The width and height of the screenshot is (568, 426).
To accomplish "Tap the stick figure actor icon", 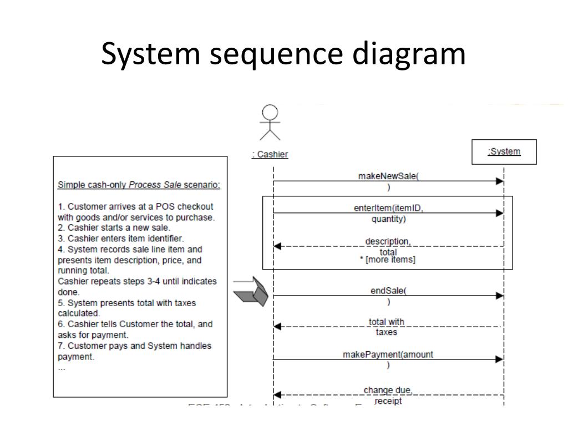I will [x=270, y=123].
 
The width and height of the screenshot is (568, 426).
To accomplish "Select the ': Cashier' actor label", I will [x=270, y=155].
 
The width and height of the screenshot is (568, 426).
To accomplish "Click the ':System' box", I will [x=504, y=152].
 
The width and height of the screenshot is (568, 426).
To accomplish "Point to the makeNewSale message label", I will [x=388, y=181].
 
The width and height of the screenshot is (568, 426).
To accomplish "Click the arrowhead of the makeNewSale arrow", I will [x=499, y=181].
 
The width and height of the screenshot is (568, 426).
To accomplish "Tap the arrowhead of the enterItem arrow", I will [x=499, y=213].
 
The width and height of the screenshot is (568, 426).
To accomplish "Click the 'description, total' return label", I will [x=388, y=247].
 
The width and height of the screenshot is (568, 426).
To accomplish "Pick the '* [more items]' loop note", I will [x=388, y=260].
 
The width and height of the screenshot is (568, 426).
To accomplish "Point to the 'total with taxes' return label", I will [x=387, y=327].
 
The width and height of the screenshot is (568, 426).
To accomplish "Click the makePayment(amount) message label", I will [x=388, y=359].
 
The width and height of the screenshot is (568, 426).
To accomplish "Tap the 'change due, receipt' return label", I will [x=388, y=395].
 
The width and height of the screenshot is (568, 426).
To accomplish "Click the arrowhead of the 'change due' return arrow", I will [x=278, y=395].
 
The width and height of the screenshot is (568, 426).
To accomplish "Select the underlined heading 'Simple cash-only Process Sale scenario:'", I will [x=139, y=185].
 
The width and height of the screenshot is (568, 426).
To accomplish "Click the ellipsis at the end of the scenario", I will [x=61, y=368].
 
